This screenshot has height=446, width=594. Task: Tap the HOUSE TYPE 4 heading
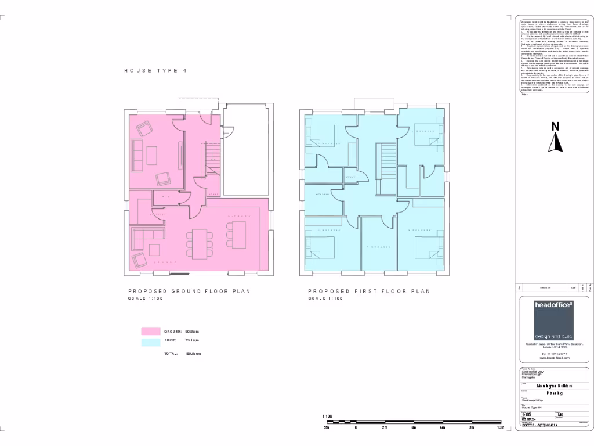click(x=155, y=71)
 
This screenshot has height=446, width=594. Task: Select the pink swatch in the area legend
click(x=150, y=331)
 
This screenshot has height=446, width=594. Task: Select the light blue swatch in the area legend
click(x=150, y=343)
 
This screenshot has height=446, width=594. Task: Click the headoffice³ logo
click(x=554, y=319)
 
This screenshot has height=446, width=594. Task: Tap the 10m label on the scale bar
click(x=500, y=427)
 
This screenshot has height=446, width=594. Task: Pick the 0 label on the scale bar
click(x=356, y=427)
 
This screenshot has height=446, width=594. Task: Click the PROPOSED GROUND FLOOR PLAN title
click(x=189, y=291)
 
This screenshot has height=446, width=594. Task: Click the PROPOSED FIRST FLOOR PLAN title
click(x=369, y=291)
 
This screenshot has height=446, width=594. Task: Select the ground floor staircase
click(x=213, y=157)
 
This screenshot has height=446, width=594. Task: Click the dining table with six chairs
click(x=198, y=244)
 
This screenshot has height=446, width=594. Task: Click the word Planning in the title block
click(x=553, y=393)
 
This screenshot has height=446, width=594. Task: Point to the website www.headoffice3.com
click(x=554, y=358)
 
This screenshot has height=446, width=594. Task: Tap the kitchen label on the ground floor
click(x=238, y=216)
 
